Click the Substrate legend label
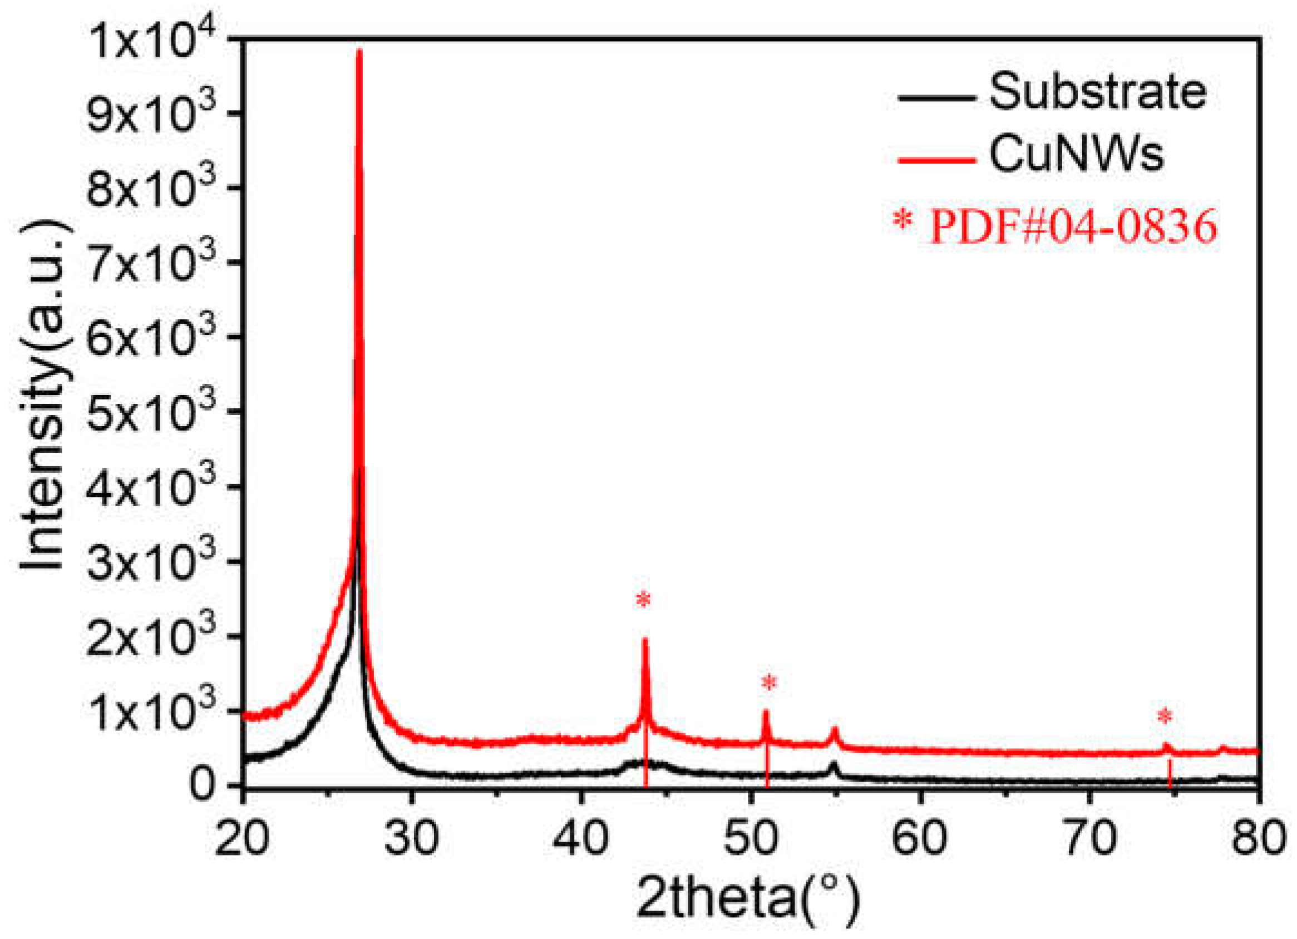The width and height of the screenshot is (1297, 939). [1097, 93]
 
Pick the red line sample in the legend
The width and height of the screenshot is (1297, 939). [937, 160]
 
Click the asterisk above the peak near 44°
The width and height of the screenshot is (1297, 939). [643, 600]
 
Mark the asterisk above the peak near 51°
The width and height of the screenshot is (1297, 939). [770, 683]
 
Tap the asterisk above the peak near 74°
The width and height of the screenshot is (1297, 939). [1165, 716]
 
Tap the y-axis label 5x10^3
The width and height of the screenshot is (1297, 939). [151, 413]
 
